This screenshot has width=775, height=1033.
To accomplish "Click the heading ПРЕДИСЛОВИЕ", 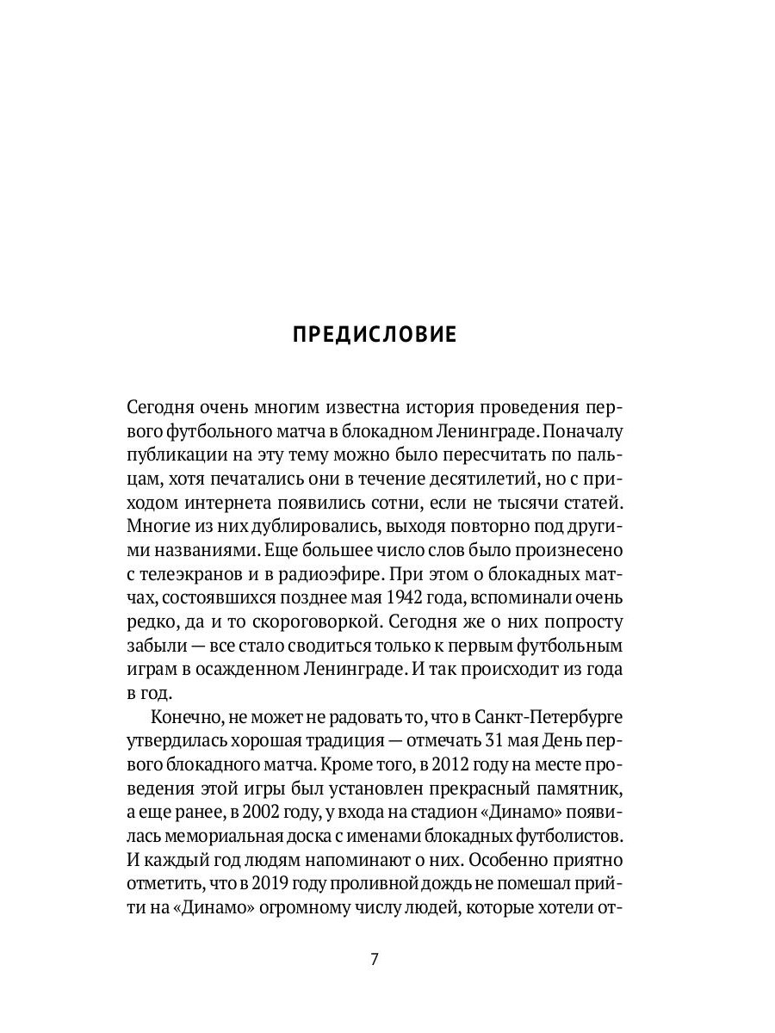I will pos(375,334).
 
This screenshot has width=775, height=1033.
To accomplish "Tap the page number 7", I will pos(375,961).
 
